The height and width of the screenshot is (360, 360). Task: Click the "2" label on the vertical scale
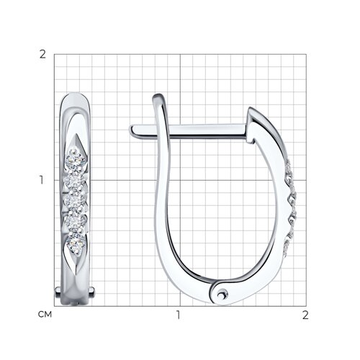[x=42, y=55]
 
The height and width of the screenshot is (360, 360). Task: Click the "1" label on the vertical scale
[x=42, y=180]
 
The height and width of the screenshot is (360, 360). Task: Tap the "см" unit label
[x=45, y=315]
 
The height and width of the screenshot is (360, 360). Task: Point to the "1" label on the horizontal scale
[x=178, y=315]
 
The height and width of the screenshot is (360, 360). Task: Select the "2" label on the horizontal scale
[x=305, y=315]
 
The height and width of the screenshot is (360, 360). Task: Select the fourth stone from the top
[x=76, y=221]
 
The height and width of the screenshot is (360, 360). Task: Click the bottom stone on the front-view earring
[x=76, y=245]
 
